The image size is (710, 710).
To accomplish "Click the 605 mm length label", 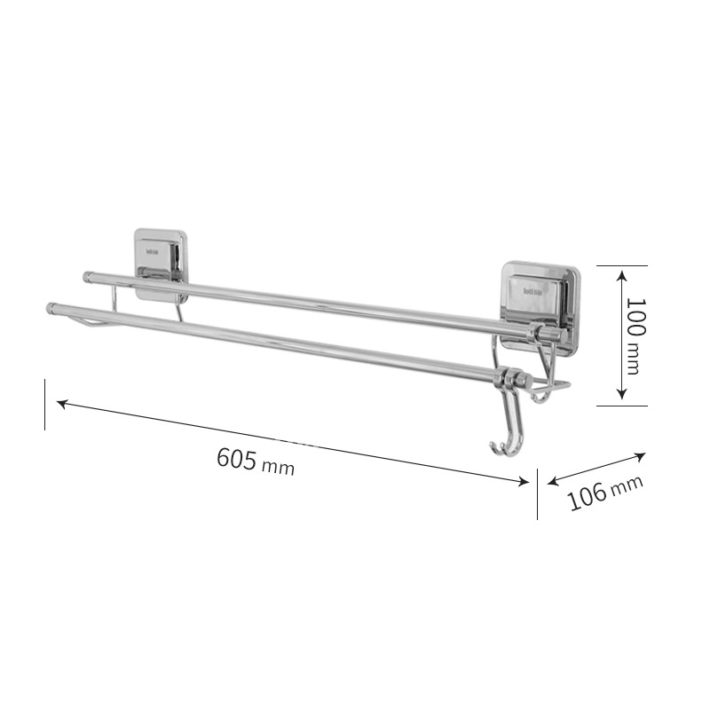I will [x=255, y=461].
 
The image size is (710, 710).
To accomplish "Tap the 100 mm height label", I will [x=633, y=335].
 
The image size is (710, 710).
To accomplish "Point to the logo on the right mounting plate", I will [x=538, y=289].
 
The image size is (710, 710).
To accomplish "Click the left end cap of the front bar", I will [x=51, y=309].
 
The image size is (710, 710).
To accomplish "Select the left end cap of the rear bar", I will [x=88, y=277].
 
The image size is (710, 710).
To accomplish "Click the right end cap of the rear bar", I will [x=549, y=334].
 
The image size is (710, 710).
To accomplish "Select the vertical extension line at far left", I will [x=44, y=405].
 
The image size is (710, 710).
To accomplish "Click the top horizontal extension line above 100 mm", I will [x=621, y=265].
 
